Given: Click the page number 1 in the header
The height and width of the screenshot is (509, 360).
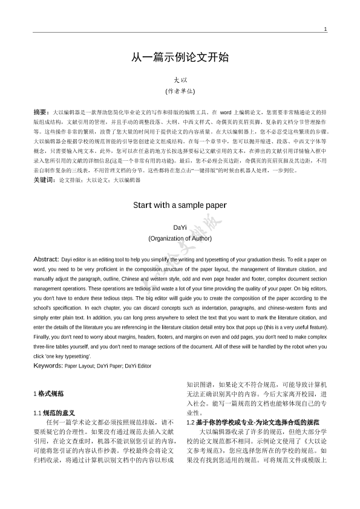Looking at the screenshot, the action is tap(325, 29).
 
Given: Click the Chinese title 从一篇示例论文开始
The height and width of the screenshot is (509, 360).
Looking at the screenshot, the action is tap(180, 58).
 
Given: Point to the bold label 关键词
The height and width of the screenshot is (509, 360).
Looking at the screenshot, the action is tap(43, 180).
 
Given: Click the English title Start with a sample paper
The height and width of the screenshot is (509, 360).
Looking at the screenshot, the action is tap(180, 205).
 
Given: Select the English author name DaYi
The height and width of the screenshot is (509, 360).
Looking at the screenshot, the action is tap(180, 227).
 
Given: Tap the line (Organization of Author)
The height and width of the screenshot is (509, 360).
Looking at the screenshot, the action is tap(180, 238).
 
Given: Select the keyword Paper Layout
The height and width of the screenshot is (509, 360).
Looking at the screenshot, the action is tap(79, 366).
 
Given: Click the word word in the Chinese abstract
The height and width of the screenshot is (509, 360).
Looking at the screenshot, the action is tap(226, 113).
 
